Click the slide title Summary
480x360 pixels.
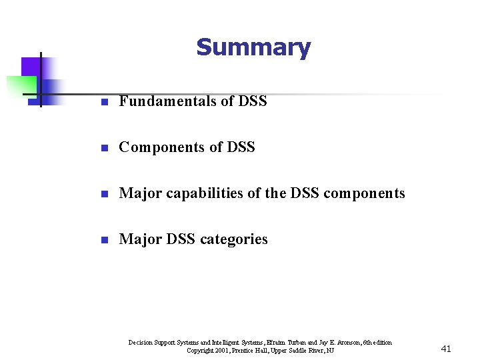[x=253, y=47]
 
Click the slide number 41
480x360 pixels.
[x=446, y=349]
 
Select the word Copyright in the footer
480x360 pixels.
[x=199, y=351]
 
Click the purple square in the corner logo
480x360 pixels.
[x=29, y=66]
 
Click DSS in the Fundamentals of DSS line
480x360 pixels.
[x=253, y=101]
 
